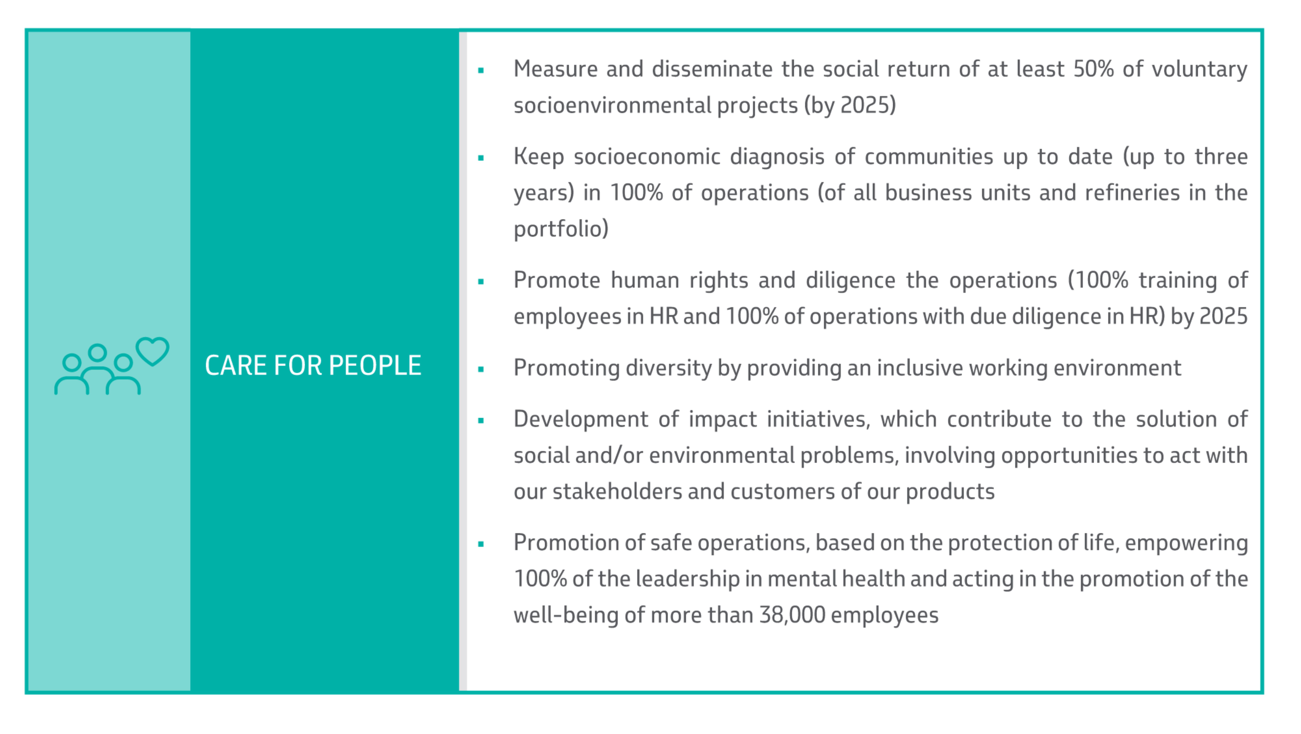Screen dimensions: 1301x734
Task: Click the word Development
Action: (x=580, y=419)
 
